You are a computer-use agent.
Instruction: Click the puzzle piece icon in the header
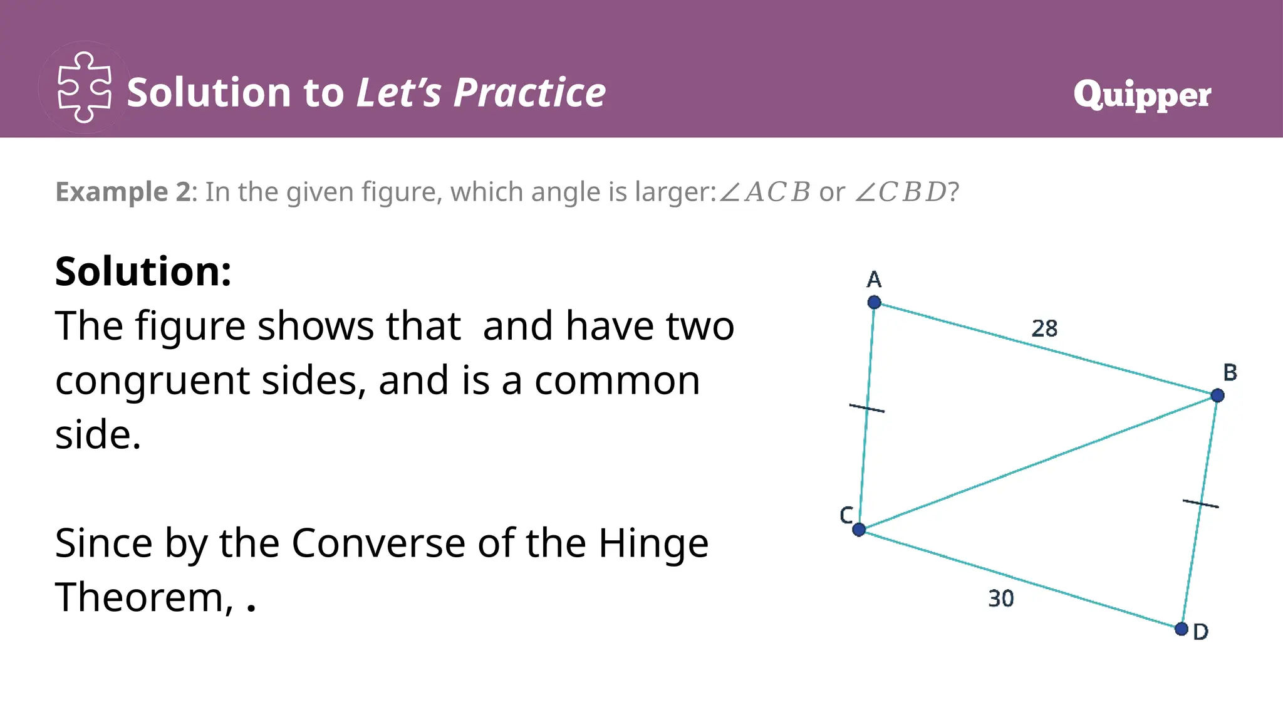coord(85,87)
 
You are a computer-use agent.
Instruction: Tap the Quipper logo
coord(1142,95)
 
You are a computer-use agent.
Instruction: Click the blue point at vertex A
coord(874,303)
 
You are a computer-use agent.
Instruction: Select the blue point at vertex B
coord(1217,395)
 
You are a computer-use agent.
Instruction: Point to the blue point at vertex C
coord(859,530)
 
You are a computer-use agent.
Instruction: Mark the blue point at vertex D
coord(1182,629)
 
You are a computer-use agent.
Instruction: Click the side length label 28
coord(1044,328)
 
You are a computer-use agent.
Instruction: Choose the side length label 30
coord(1000,599)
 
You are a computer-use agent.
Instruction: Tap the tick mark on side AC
coord(867,409)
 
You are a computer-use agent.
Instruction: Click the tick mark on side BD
coord(1200,503)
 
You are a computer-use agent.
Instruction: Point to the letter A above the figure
coord(874,279)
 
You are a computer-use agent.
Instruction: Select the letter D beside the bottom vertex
coord(1200,632)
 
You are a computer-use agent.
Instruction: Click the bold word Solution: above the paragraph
coord(143,271)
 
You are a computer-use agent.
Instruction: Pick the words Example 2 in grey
coord(123,192)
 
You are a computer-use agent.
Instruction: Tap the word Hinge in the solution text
coord(653,543)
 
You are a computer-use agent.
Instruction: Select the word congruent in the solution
coord(152,381)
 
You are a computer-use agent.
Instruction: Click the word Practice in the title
coord(529,93)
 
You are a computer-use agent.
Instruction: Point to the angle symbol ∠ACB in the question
coord(764,192)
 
